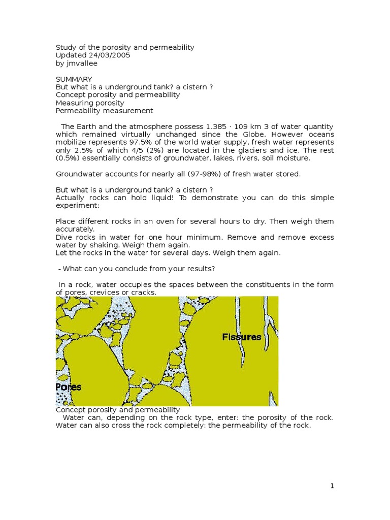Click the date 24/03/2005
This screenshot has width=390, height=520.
coord(112,55)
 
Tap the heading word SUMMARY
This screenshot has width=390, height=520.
coord(74,79)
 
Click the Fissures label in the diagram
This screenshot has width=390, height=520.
coord(242,337)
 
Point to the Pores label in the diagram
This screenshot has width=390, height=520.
coord(69,387)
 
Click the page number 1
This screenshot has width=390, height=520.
coord(332,486)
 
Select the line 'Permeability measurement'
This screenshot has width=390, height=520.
coord(104,111)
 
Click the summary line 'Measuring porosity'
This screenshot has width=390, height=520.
coord(90,103)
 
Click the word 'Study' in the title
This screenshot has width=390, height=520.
coord(66,47)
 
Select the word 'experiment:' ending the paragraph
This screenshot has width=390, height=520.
coord(76,206)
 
